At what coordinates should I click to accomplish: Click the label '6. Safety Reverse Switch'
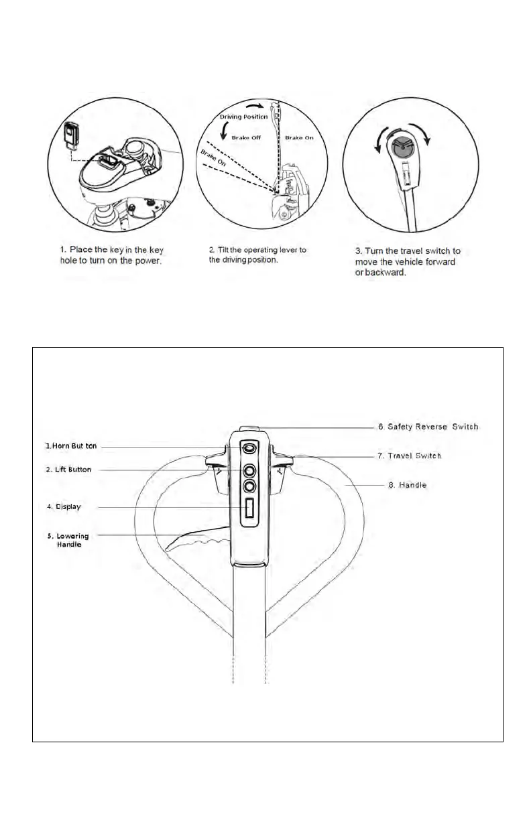[428, 427]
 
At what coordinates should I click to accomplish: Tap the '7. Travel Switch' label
[409, 456]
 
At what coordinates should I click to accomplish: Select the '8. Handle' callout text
[408, 484]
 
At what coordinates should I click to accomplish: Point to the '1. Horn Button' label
[72, 446]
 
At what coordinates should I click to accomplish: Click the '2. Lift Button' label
[68, 470]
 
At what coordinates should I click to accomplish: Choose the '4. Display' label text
[64, 506]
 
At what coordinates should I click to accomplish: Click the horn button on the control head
[249, 448]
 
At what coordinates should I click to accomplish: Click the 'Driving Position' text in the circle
[244, 117]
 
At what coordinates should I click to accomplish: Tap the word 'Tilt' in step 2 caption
[224, 250]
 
